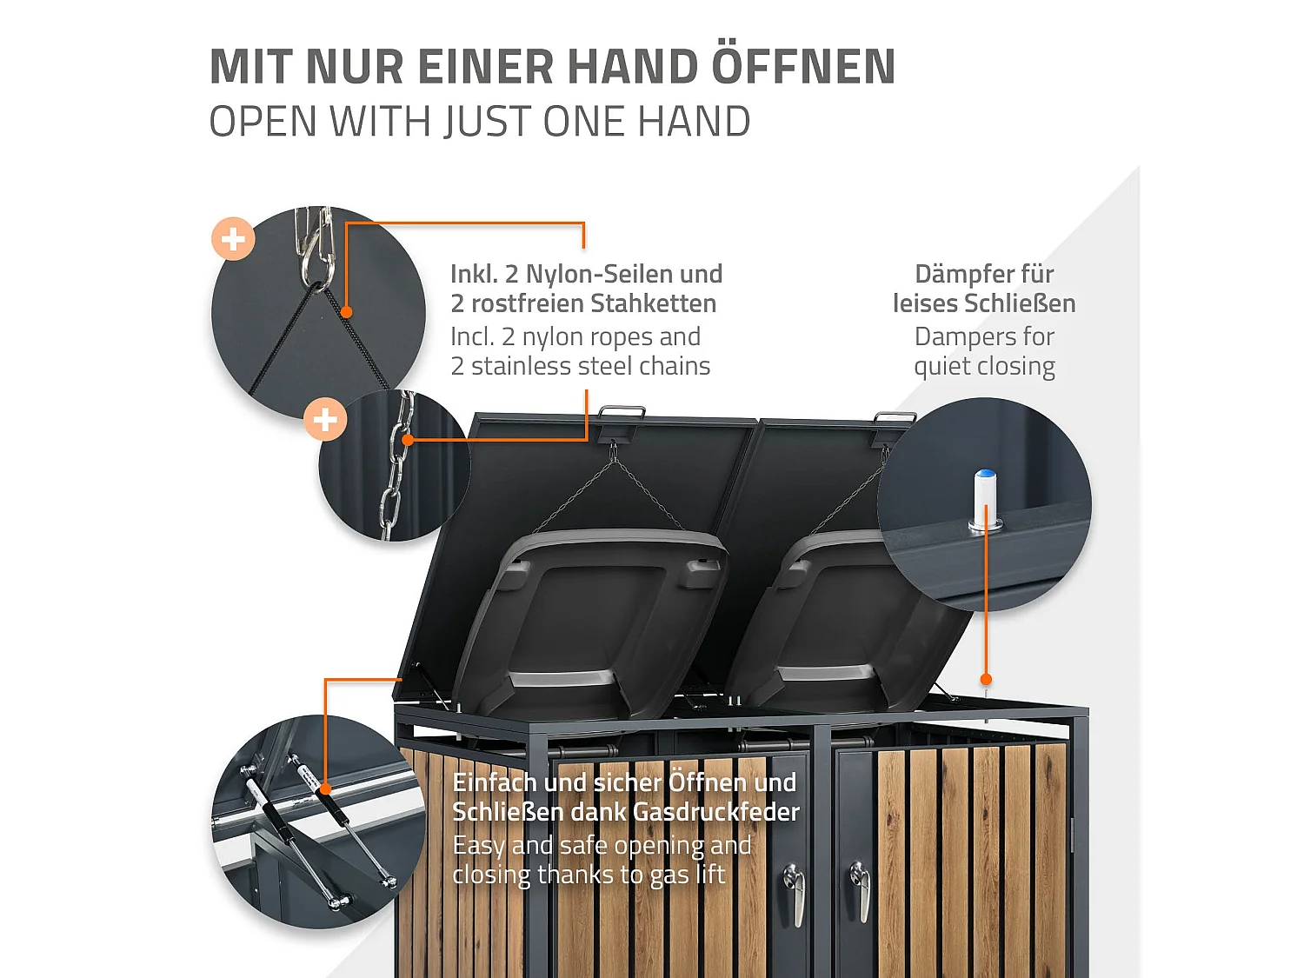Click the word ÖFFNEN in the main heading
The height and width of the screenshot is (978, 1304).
point(803,68)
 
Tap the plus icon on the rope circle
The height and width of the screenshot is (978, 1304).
point(233,239)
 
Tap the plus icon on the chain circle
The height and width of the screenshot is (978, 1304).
point(325,420)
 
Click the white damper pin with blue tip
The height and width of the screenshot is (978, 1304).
point(985,500)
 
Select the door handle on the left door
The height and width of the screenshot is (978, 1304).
point(795,894)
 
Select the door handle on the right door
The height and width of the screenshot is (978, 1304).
point(861,890)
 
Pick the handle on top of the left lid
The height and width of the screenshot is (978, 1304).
point(622,414)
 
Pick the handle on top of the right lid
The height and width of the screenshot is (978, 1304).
point(895,419)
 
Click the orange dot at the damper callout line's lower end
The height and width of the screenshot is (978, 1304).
point(986,680)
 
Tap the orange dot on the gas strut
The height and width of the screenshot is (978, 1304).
point(325,789)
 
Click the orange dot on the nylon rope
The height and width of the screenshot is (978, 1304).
point(347,312)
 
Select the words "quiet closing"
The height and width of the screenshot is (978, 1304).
point(984,367)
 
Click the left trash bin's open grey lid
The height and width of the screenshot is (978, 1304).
point(600,609)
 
